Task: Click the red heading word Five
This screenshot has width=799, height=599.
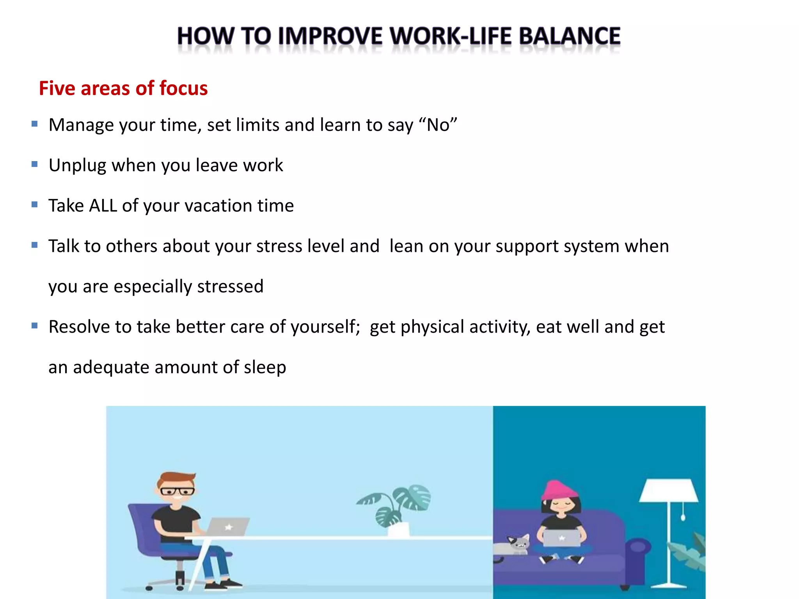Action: click(57, 88)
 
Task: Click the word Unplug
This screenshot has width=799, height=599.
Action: click(77, 166)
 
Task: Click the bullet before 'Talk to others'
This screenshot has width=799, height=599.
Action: click(35, 245)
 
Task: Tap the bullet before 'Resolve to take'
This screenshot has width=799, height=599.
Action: click(35, 326)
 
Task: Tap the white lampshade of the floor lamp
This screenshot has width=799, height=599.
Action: click(668, 491)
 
